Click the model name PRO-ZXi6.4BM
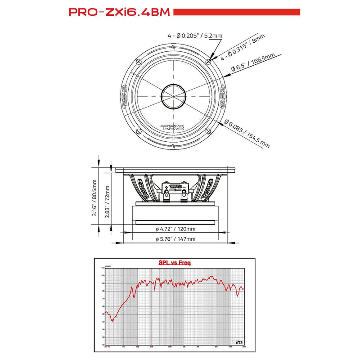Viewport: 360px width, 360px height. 119,12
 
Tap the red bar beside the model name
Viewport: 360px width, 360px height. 236,12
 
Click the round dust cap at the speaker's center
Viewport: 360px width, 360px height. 173,96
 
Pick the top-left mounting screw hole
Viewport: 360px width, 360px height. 139,61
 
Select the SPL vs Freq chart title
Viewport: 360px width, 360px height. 174,262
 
